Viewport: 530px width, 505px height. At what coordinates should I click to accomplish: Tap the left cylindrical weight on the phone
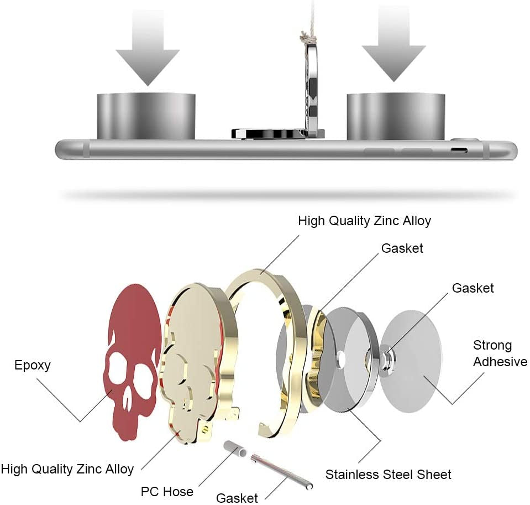[x=147, y=116]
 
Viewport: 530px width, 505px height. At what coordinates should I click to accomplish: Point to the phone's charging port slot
[x=459, y=150]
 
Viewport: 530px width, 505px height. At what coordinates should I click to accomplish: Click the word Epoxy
[x=33, y=365]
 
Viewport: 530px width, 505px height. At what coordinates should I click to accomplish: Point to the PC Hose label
[x=167, y=491]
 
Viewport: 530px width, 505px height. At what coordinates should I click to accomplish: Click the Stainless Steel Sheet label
[x=388, y=474]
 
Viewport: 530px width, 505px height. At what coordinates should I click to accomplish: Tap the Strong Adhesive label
[x=500, y=354]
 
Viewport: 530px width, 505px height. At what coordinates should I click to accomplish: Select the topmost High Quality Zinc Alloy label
[x=364, y=221]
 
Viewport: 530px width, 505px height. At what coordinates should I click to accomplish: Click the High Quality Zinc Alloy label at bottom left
[x=67, y=470]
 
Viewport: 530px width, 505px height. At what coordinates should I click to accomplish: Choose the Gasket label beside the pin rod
[x=237, y=498]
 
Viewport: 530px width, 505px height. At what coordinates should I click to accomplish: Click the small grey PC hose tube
[x=235, y=449]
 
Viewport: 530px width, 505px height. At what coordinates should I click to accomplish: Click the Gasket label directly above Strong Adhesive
[x=473, y=288]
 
